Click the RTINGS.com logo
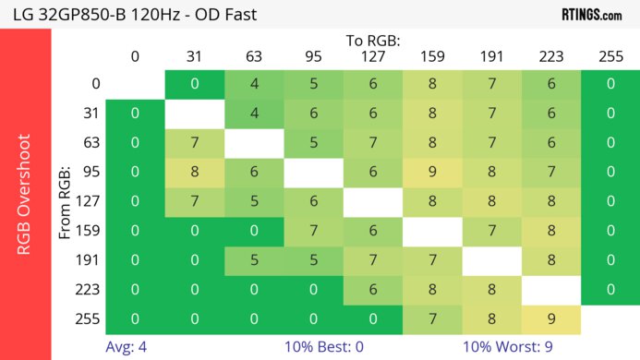pos(591,14)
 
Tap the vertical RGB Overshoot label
pos(25,194)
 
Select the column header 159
pos(431,57)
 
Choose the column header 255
pos(610,57)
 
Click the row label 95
pos(91,173)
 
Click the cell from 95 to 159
pos(431,173)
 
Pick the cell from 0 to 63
pos(253,85)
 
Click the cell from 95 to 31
pos(194,173)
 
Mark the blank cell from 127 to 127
pos(372,202)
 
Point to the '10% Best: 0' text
pos(319,347)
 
